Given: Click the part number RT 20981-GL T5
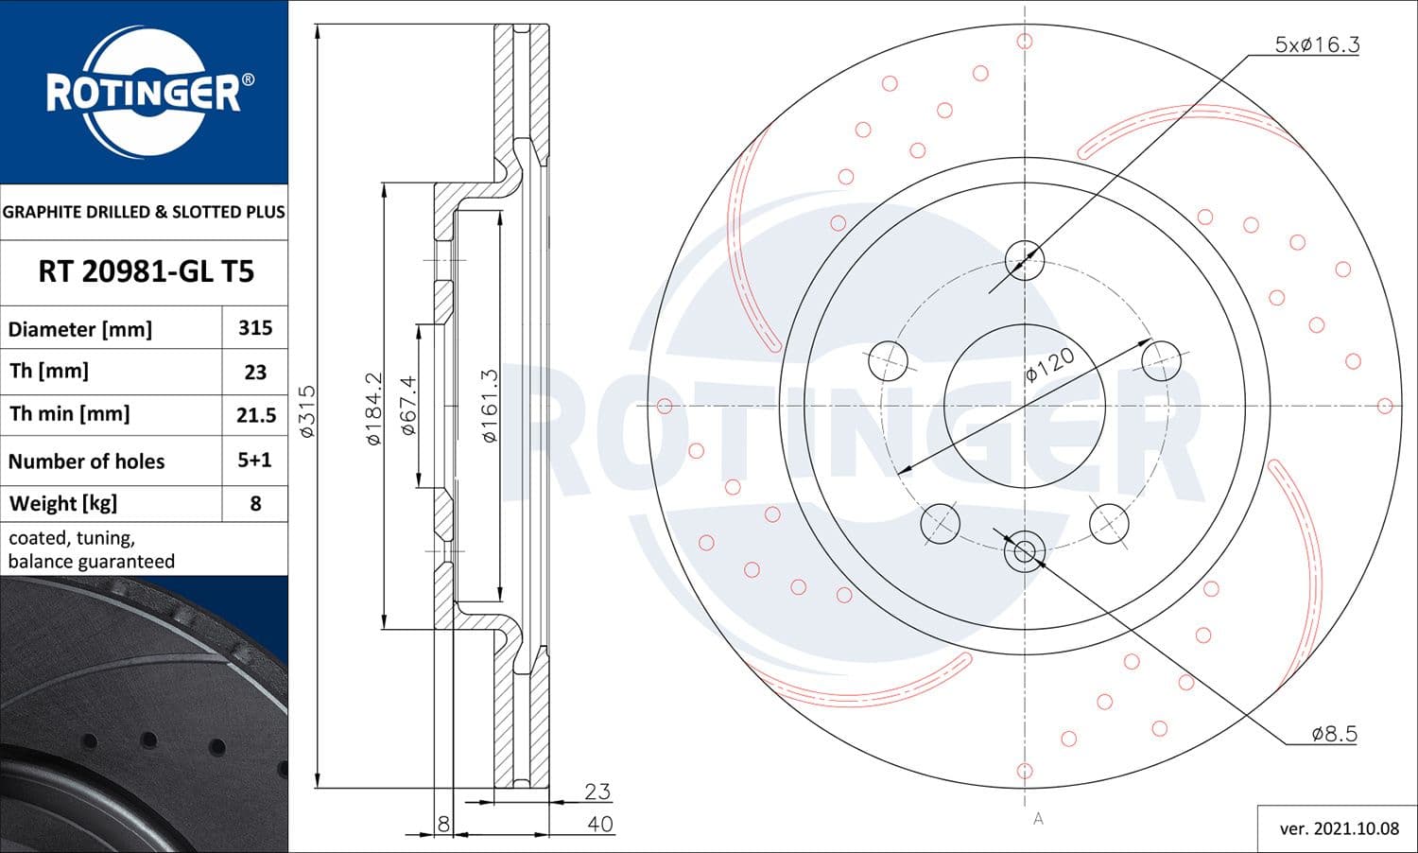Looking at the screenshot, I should pos(146,272).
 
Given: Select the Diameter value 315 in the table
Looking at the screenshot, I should pos(255,328).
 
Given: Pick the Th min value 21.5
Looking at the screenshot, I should pos(255,415).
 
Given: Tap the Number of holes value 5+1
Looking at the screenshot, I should pos(255,461).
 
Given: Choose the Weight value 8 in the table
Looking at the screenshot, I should pos(255,503).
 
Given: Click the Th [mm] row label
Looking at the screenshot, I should pos(49,371).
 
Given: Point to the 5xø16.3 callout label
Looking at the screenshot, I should pos(1317,44).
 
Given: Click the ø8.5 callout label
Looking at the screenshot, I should pos(1334,733).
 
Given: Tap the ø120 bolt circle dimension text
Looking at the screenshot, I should pos(1050,363).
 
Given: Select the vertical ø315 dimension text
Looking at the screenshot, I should pos(307,410).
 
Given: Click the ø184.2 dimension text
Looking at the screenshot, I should pos(373,408).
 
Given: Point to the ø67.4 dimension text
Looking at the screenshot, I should pos(408,405).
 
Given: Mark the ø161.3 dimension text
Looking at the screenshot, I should pos(489,406).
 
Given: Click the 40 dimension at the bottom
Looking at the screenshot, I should pos(599,824).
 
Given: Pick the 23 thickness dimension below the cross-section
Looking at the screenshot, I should pos(597,791).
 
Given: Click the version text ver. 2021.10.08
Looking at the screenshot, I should pos(1339,828).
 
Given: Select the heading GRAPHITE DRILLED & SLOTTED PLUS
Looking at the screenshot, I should pos(144,212).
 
